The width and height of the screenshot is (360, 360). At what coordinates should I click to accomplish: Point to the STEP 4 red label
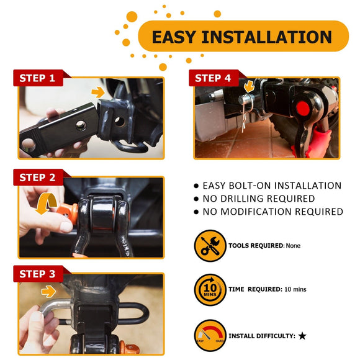pyautogui.click(x=213, y=78)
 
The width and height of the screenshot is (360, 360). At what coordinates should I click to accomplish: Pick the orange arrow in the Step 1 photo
pyautogui.click(x=97, y=92)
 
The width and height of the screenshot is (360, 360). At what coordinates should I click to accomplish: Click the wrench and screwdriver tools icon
pyautogui.click(x=210, y=245)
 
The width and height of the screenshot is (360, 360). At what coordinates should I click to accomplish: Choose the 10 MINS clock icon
pyautogui.click(x=210, y=289)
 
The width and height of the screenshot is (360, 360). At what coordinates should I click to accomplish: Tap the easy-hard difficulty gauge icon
pyautogui.click(x=210, y=336)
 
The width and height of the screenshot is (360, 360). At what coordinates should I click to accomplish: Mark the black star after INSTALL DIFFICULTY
pyautogui.click(x=302, y=336)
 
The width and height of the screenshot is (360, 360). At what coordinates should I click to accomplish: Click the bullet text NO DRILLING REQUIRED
pyautogui.click(x=259, y=199)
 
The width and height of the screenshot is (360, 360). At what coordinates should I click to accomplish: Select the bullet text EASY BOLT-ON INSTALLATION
pyautogui.click(x=272, y=186)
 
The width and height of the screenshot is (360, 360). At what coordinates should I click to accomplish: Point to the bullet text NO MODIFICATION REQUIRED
pyautogui.click(x=272, y=212)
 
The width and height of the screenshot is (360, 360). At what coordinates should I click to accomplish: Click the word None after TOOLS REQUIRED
pyautogui.click(x=294, y=246)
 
